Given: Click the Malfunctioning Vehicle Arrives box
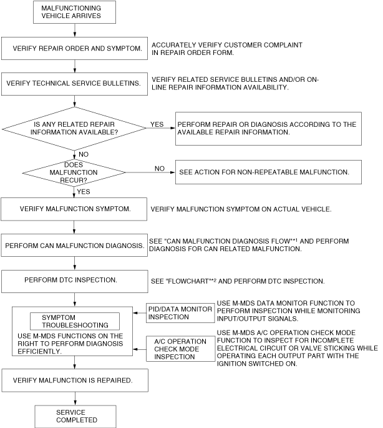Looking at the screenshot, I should [x=75, y=12].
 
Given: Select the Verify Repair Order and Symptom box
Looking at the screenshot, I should [x=75, y=47].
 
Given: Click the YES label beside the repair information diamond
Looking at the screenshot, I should [x=157, y=124].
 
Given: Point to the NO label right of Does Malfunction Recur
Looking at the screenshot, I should [x=160, y=168].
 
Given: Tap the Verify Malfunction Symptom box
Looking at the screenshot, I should [x=75, y=209].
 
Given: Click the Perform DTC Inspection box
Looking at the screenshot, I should [x=75, y=281].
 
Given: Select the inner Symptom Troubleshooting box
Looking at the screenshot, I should [x=75, y=321].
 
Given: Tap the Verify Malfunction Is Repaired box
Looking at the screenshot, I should [x=75, y=379].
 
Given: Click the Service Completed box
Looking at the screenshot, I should [x=75, y=416].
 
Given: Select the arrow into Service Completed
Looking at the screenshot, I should [x=75, y=400].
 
